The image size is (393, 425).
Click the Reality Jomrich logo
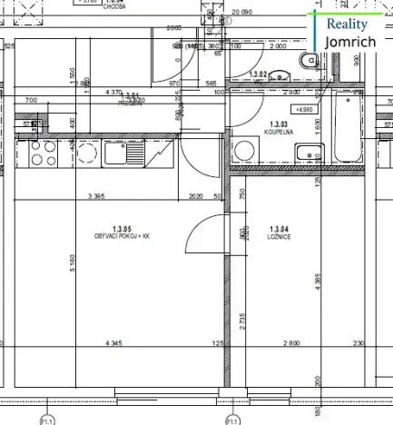click(352, 33)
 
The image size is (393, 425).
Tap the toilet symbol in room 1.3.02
click(307, 61)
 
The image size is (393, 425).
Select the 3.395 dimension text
click(98, 195)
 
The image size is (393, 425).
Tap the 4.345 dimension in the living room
click(113, 343)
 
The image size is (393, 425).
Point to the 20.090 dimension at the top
click(241, 12)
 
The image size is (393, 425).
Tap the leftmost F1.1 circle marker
click(44, 420)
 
